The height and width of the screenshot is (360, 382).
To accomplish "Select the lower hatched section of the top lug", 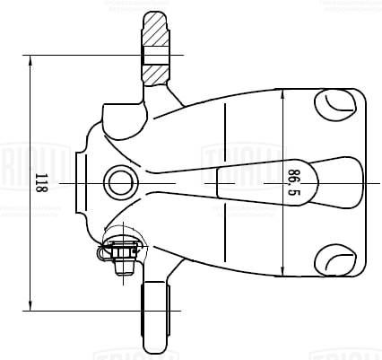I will pos(155,76).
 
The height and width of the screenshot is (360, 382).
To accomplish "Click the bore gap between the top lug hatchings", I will pos(155,57).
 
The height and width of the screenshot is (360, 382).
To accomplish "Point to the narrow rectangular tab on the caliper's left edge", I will pos(80,182).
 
